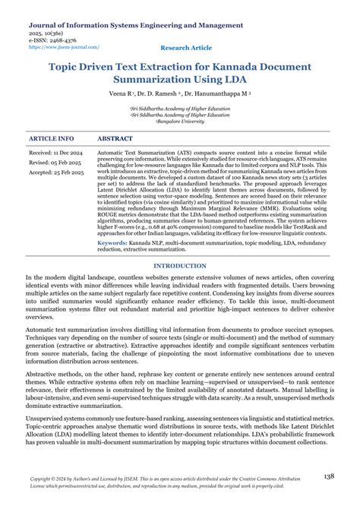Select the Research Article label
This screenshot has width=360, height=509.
(187, 47)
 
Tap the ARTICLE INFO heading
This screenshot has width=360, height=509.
(51, 139)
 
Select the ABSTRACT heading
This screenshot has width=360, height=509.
(115, 139)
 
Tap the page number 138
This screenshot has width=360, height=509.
(329, 476)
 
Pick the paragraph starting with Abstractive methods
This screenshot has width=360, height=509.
(179, 380)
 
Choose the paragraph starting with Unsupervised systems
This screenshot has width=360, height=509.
(179, 429)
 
